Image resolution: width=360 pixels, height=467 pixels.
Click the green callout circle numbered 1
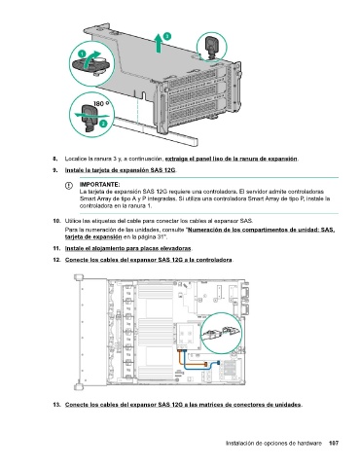tap(82, 54)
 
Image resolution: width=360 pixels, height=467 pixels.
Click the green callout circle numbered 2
tap(103, 124)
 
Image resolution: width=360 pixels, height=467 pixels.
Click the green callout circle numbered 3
tap(166, 36)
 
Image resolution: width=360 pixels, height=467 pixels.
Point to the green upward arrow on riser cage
tap(159, 43)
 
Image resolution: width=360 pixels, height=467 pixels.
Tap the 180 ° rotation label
tap(101, 103)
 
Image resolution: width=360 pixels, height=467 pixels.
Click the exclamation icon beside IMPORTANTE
tap(69, 186)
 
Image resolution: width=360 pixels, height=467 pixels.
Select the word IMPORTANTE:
tap(100, 185)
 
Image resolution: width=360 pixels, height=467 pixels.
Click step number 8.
tap(55, 159)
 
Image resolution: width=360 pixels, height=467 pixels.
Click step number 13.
tap(56, 405)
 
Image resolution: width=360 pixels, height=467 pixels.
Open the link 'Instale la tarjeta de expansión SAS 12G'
tap(120, 170)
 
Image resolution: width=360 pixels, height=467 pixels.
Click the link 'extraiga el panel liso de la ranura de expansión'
tap(231, 159)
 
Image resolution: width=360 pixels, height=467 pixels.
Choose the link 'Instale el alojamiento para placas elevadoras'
tap(128, 248)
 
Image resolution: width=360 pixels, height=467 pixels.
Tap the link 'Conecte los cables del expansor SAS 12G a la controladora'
tap(149, 260)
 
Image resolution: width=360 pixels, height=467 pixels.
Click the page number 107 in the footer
tap(334, 443)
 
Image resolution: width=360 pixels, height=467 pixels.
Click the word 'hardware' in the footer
tap(310, 443)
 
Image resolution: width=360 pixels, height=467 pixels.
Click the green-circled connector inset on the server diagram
tap(221, 333)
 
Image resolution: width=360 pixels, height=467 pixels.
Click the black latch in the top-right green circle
tap(212, 45)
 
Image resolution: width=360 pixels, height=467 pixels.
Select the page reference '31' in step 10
tap(161, 237)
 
